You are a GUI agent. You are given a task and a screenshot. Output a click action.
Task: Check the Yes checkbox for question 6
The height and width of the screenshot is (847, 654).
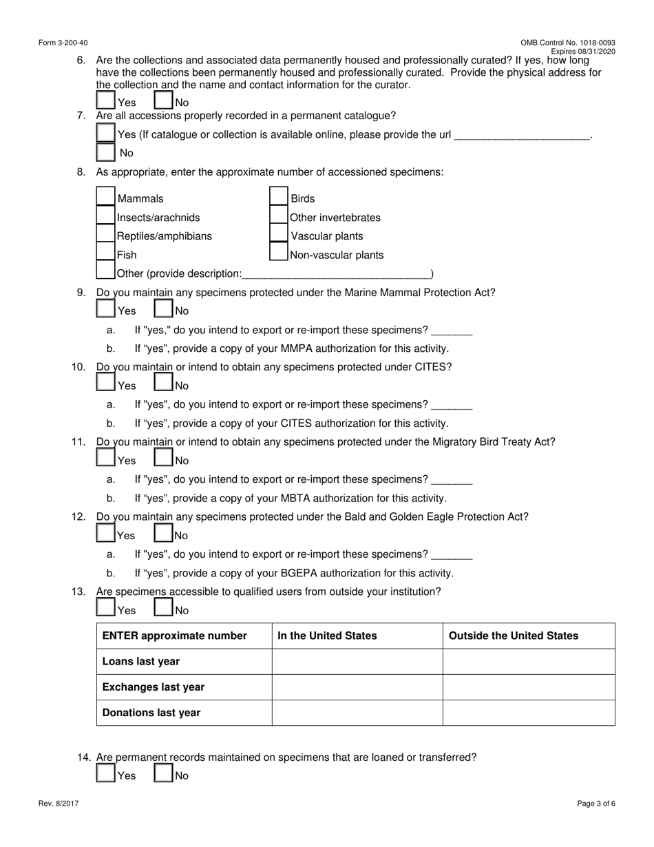click(x=105, y=101)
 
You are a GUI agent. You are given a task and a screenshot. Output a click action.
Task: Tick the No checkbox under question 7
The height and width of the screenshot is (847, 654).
click(x=105, y=151)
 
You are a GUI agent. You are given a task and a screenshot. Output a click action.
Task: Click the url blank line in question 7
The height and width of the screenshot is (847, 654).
click(x=523, y=135)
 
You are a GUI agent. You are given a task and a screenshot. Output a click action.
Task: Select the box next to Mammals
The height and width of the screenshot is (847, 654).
click(x=105, y=197)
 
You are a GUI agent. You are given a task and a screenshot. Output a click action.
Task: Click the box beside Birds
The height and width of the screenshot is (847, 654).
click(x=278, y=197)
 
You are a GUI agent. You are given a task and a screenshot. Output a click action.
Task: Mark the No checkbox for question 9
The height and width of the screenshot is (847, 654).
click(x=163, y=309)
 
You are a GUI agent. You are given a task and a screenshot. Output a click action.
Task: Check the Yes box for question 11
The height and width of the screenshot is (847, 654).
click(x=105, y=459)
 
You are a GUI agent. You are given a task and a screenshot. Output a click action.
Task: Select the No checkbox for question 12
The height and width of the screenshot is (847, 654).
click(x=163, y=534)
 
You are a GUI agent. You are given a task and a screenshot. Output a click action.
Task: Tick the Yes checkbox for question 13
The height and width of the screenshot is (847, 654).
click(x=105, y=608)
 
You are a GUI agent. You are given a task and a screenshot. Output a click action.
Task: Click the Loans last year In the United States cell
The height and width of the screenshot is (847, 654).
click(x=357, y=661)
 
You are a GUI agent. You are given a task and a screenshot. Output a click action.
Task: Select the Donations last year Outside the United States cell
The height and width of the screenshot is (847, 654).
click(x=528, y=713)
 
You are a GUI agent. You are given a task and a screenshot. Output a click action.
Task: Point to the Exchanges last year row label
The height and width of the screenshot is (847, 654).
click(x=154, y=687)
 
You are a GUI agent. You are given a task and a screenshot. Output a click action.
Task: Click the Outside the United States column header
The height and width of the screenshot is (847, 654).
click(x=514, y=636)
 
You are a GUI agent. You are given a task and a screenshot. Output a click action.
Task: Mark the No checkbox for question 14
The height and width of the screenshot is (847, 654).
click(x=163, y=774)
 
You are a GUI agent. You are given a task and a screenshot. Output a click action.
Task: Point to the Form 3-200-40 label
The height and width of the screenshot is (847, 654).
click(x=63, y=43)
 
